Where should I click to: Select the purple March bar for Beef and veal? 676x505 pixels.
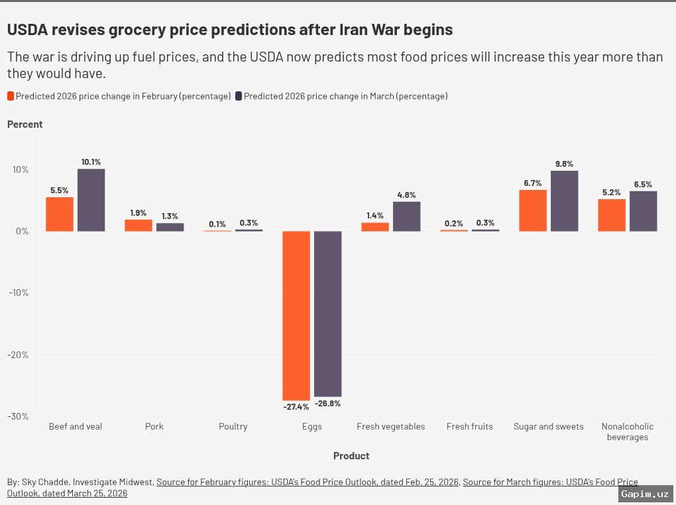click(x=91, y=200)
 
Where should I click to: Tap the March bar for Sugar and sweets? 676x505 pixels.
click(x=564, y=201)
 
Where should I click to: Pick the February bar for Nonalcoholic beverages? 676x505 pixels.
click(x=611, y=215)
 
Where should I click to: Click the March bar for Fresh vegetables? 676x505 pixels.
click(x=406, y=216)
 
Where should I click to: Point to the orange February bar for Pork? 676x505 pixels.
click(x=139, y=225)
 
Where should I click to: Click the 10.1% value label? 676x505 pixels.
click(x=91, y=162)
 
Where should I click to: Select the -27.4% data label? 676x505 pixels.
click(x=296, y=406)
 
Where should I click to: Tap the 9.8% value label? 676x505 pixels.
click(x=564, y=164)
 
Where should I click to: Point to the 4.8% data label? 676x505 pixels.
click(x=406, y=195)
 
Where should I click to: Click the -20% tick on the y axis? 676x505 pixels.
click(x=19, y=355)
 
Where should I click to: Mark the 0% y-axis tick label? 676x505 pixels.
click(x=22, y=232)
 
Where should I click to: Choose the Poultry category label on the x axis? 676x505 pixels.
click(x=233, y=427)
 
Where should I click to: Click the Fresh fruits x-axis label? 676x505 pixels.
click(x=469, y=427)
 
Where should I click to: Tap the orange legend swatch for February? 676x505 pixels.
click(x=11, y=97)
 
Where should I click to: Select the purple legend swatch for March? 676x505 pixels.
click(x=239, y=97)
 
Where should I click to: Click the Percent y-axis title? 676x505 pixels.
click(x=25, y=124)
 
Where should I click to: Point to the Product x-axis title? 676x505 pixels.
click(x=351, y=456)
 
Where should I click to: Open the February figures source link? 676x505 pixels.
click(x=307, y=482)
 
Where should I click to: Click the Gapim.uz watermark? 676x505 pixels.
click(x=645, y=494)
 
